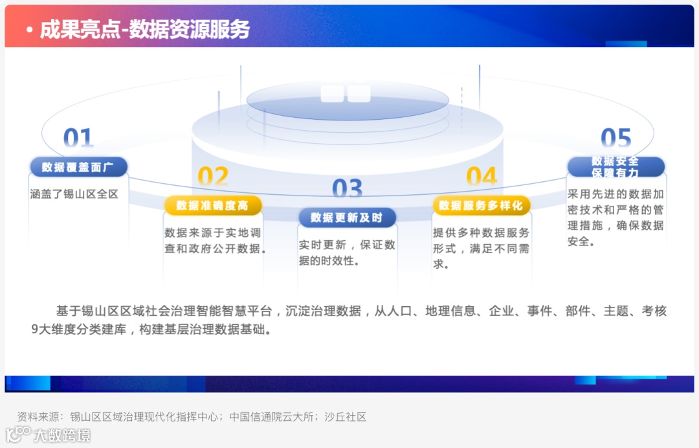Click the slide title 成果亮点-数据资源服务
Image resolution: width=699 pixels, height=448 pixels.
coord(144,29)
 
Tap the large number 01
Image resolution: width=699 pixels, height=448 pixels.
coord(78,139)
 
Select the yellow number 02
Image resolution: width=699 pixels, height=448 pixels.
coord(213,177)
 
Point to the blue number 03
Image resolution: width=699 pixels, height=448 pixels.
coord(348,189)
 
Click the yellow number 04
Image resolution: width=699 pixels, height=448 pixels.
coord(482,177)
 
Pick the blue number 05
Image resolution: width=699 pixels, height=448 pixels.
coord(616,139)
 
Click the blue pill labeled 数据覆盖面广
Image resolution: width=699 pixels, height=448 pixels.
coord(78,167)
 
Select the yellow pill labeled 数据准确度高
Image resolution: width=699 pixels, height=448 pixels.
coord(213,205)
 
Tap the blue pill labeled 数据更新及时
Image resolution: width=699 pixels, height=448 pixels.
coord(347,218)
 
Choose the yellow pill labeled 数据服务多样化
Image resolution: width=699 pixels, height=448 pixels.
coord(482,205)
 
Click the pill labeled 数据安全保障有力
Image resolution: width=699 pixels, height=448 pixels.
coord(616,167)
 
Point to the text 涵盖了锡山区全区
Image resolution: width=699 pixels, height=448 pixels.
coord(74,194)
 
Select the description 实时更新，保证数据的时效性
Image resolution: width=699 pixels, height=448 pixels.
coord(347,253)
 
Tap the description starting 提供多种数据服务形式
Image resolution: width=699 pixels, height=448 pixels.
coord(482,249)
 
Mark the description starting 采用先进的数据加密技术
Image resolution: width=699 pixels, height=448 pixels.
coord(616,218)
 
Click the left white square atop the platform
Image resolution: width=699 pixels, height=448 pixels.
coord(332,94)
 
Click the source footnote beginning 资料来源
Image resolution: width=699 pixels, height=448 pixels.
coord(192,417)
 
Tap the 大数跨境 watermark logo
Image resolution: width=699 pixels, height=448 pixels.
coord(49,434)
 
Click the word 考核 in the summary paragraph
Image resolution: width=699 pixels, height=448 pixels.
coord(654,311)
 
